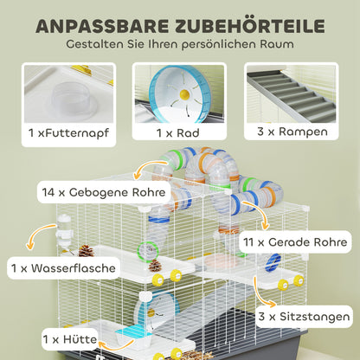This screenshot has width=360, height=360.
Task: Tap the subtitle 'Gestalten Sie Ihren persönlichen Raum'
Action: (180, 43)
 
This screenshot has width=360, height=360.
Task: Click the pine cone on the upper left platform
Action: (86, 250)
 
